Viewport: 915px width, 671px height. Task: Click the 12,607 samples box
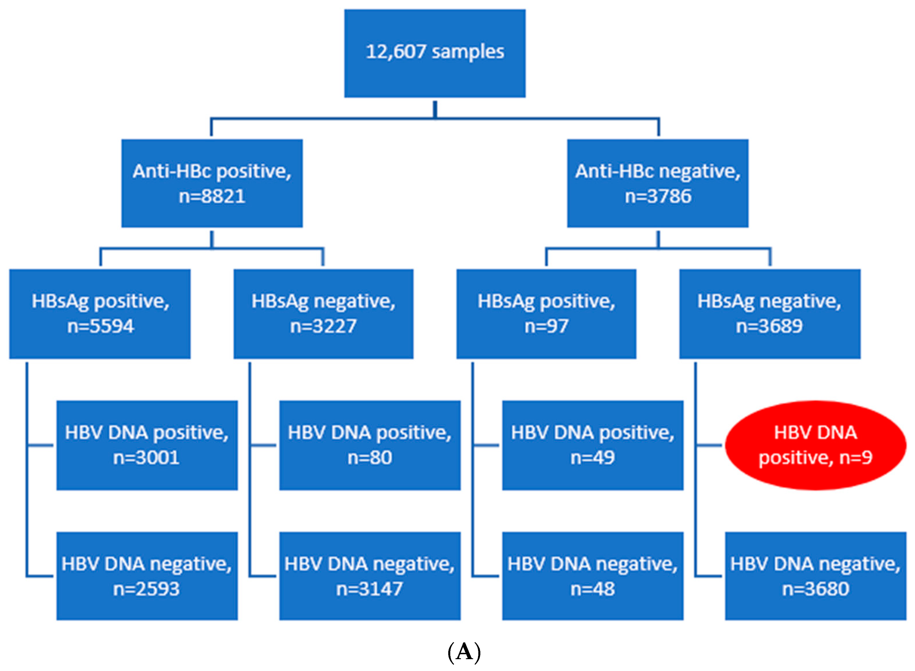point(435,53)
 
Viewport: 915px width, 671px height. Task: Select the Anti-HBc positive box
point(212,183)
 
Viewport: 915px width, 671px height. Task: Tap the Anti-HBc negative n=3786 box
point(657,183)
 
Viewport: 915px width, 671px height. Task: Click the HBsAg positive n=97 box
point(546,314)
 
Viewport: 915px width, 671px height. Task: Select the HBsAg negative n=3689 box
point(770,314)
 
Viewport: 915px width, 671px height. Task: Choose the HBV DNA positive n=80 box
point(370,445)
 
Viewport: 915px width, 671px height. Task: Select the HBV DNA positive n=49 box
point(592,445)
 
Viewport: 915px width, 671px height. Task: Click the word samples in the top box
point(468,52)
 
